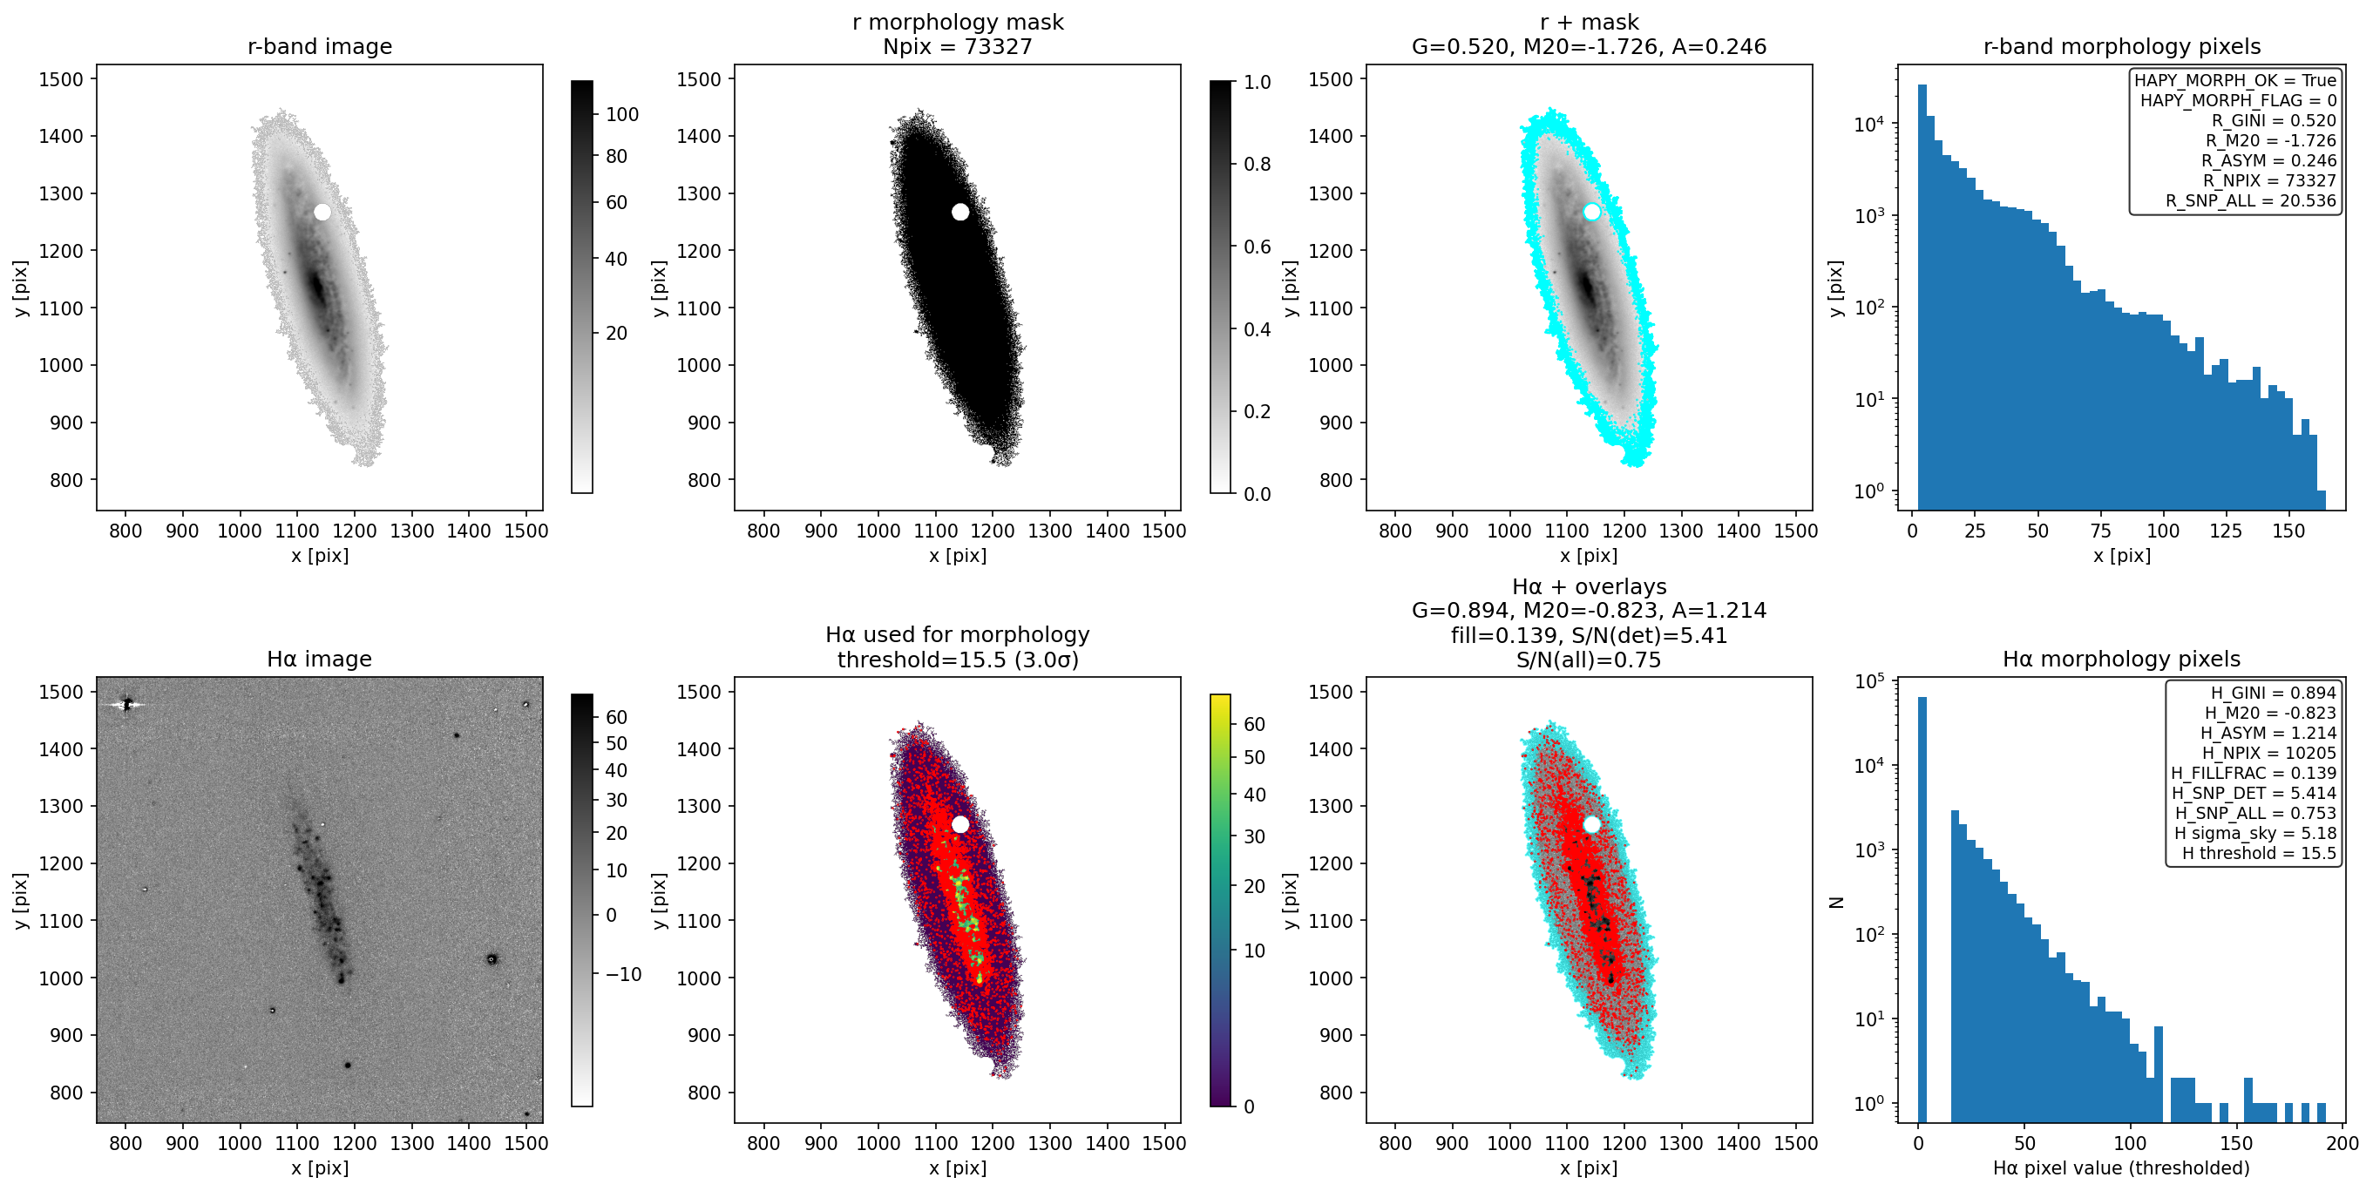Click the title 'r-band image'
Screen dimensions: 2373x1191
click(x=320, y=46)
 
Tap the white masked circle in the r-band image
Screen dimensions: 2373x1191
click(x=322, y=212)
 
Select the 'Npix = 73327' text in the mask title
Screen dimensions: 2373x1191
click(x=957, y=46)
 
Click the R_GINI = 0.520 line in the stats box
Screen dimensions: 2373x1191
click(x=2274, y=119)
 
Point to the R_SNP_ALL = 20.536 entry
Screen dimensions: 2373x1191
click(x=2250, y=200)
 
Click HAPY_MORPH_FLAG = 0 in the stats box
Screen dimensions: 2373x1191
click(x=2239, y=99)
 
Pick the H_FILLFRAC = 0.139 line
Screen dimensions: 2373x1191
click(x=2254, y=773)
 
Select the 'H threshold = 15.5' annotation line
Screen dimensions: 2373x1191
click(x=2259, y=853)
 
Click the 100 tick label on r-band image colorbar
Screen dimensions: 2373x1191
click(x=622, y=114)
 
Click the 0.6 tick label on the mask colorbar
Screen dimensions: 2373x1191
click(x=1258, y=247)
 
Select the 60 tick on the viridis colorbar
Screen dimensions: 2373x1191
click(x=1255, y=724)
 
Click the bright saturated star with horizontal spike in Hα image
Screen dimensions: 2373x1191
click(x=127, y=705)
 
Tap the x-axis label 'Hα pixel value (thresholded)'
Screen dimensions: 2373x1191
click(x=2121, y=1168)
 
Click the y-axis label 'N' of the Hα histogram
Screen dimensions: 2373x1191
click(x=1836, y=903)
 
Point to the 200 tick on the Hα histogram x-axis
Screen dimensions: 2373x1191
click(x=2342, y=1143)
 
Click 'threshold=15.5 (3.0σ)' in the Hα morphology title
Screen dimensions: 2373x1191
click(x=957, y=660)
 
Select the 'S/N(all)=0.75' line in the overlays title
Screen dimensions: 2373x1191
click(x=1589, y=660)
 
